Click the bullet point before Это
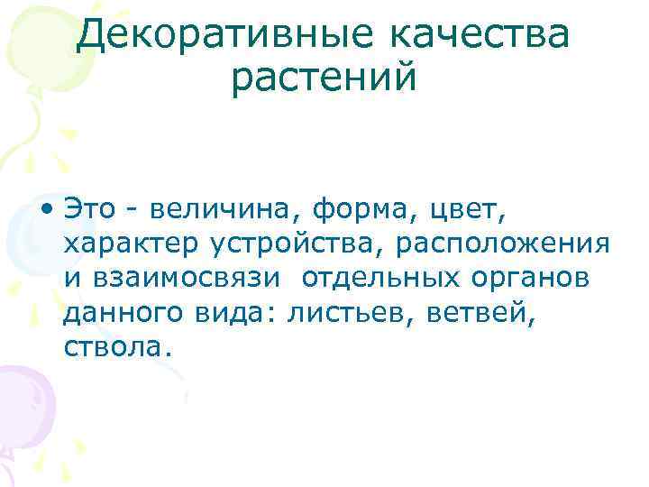(46, 212)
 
